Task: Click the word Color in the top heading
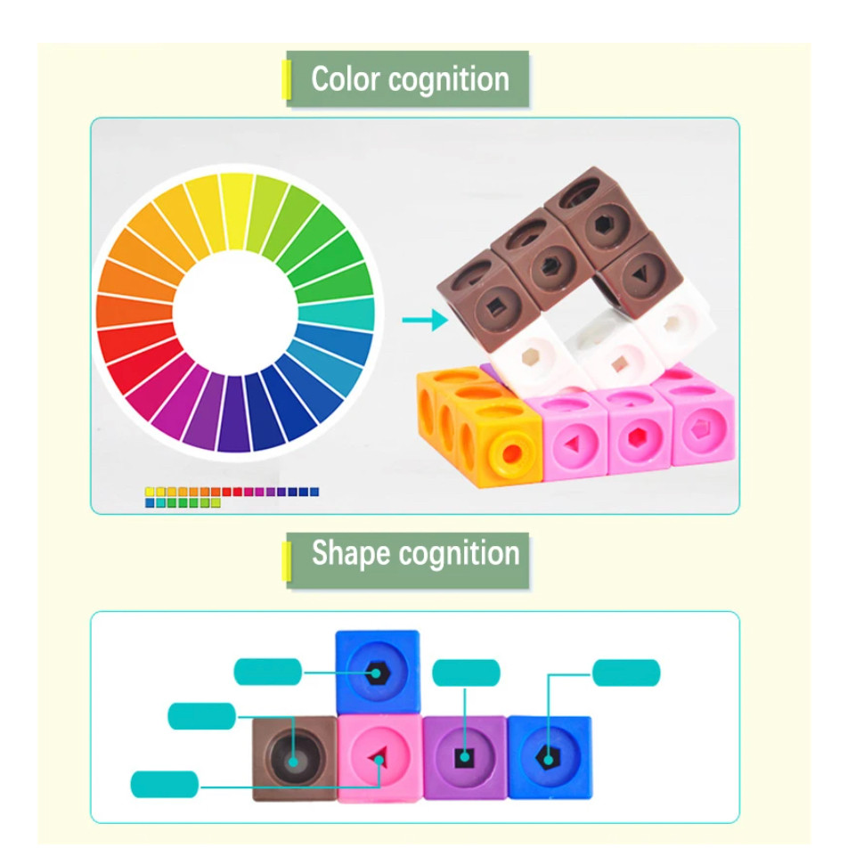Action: [x=346, y=79]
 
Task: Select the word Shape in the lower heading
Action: [x=351, y=554]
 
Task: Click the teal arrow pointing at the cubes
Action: [x=425, y=320]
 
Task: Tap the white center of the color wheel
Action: [x=235, y=313]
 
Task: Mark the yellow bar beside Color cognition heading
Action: [x=287, y=80]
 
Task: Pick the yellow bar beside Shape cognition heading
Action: [x=287, y=561]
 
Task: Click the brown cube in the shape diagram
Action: [x=294, y=758]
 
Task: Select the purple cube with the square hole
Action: [x=464, y=757]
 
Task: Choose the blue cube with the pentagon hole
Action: [x=550, y=757]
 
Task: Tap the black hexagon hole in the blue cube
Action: [x=377, y=673]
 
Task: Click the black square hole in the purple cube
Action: [x=464, y=758]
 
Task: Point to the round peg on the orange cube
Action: [x=510, y=453]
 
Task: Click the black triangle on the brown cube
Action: [x=640, y=273]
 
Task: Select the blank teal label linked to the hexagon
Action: [x=268, y=672]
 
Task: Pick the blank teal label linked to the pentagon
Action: [x=626, y=672]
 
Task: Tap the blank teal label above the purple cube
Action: [x=466, y=672]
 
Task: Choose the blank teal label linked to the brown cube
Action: [x=201, y=716]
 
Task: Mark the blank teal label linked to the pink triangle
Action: [x=164, y=784]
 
